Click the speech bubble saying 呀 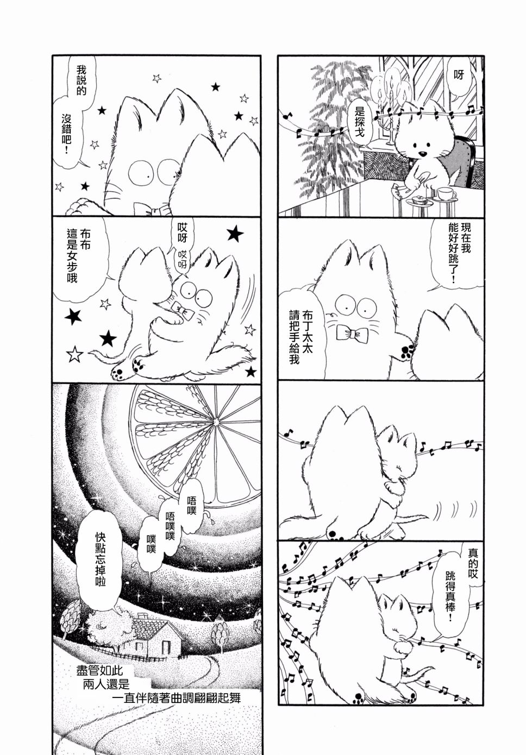click(x=459, y=78)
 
